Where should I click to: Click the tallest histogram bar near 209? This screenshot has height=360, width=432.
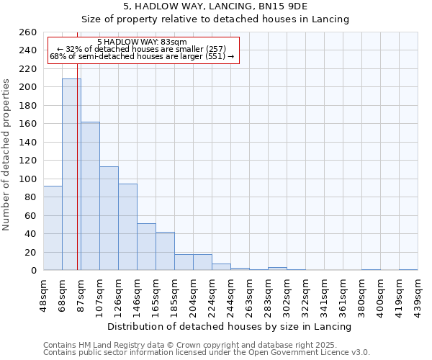tap(71, 174)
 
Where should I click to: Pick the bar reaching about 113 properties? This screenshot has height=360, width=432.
tap(109, 218)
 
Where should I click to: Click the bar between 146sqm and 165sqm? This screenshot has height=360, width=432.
tap(146, 247)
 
